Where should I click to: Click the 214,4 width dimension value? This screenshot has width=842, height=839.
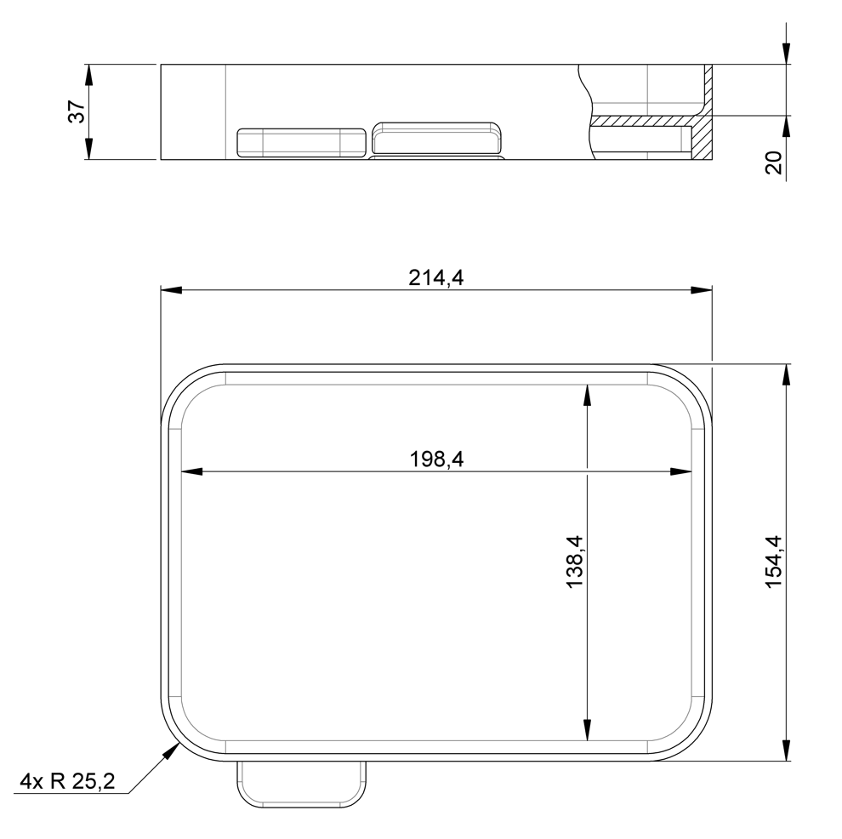tap(435, 278)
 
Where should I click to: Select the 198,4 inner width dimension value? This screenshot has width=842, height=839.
tap(435, 460)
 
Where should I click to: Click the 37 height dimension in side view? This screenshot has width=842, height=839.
tap(77, 111)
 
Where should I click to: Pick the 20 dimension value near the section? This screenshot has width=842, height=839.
tap(773, 163)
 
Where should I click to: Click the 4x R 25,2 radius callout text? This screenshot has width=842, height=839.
tap(67, 781)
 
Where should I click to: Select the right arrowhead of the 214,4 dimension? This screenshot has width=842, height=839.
tap(702, 290)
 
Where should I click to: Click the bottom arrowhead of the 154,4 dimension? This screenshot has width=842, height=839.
tap(786, 750)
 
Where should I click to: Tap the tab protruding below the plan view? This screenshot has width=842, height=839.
tap(301, 783)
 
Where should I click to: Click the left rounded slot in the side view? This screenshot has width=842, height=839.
tap(301, 143)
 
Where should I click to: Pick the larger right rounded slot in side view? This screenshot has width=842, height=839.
tap(437, 138)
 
